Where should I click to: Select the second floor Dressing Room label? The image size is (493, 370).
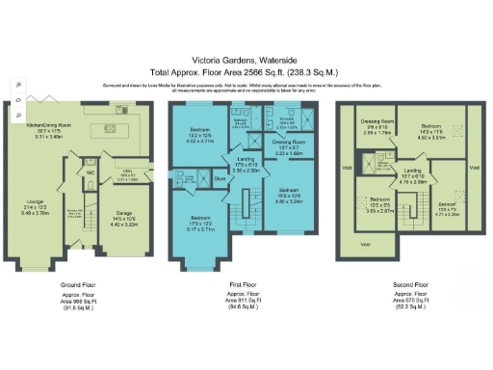[x=375, y=123]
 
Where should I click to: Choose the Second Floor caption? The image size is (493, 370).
[x=413, y=286]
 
